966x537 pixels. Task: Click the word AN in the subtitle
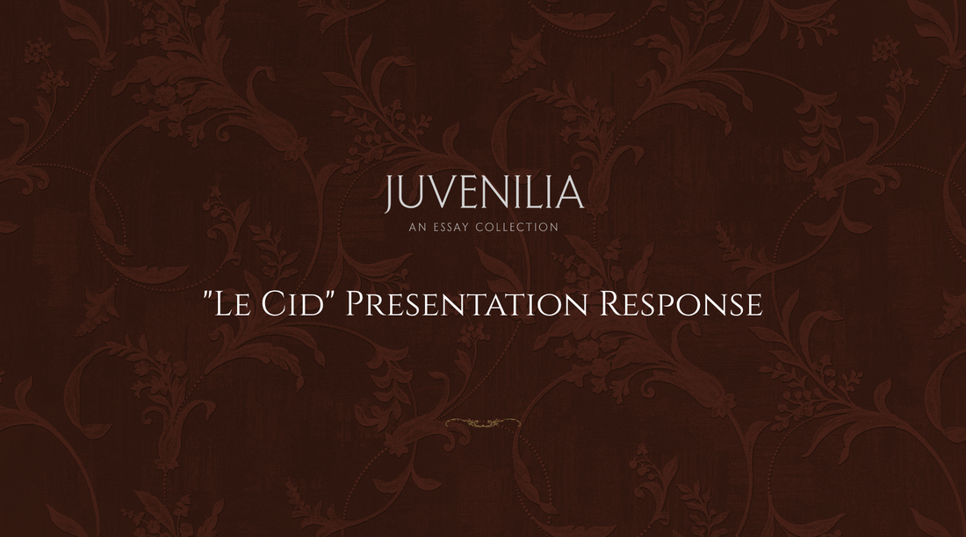[x=416, y=228]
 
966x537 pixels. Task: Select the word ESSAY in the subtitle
[x=450, y=228]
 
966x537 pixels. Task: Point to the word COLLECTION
[x=517, y=228]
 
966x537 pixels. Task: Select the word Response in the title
[x=681, y=304]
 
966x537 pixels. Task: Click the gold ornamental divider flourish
[x=482, y=424]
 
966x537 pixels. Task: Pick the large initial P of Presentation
[x=355, y=304]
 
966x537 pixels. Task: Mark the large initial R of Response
[x=610, y=304]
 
